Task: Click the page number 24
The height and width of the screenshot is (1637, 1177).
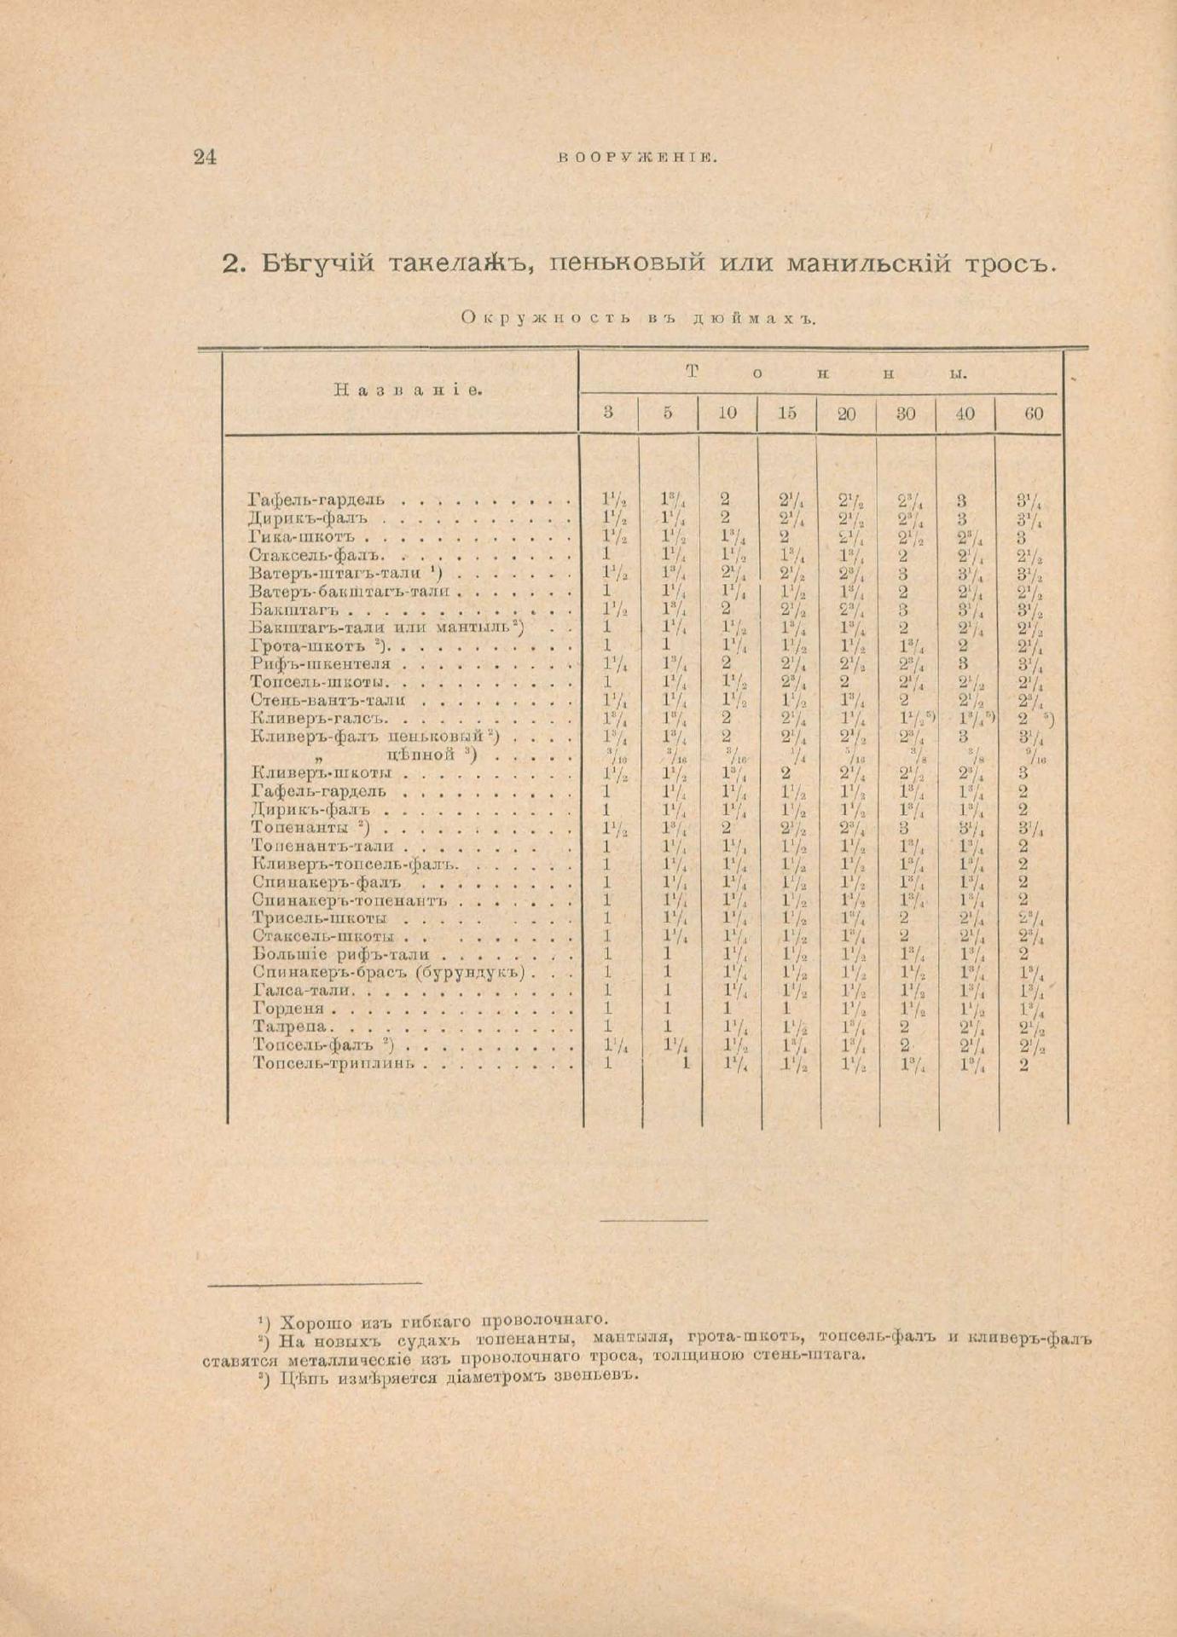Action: click(x=206, y=157)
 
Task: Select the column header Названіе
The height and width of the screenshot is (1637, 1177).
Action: click(x=407, y=390)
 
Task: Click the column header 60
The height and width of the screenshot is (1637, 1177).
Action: click(x=1033, y=414)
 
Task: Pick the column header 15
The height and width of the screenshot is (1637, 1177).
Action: click(x=786, y=414)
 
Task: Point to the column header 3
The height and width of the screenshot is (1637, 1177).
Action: click(x=608, y=414)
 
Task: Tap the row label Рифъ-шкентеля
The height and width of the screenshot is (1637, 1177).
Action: click(x=320, y=664)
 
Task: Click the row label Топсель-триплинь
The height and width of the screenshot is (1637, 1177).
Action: click(x=333, y=1063)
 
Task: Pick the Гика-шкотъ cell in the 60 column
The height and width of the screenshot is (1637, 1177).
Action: click(x=1022, y=538)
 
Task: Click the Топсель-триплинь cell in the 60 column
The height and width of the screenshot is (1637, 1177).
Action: click(x=1023, y=1064)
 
